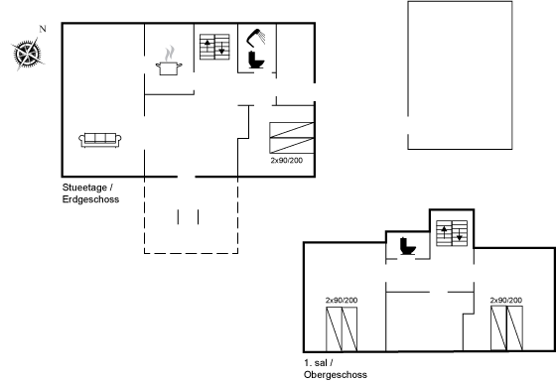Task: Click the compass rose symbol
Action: (28, 55)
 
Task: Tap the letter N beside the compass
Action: (43, 29)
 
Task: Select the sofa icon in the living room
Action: (100, 140)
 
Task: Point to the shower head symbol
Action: (256, 38)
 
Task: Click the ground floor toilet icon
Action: (256, 60)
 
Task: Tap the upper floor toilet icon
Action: (408, 246)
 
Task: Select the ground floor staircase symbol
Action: (214, 47)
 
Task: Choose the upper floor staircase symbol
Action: (452, 233)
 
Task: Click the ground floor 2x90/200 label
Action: (287, 160)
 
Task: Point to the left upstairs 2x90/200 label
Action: (342, 300)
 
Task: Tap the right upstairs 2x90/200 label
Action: (506, 300)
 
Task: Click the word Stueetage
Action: (84, 188)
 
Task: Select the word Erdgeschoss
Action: (90, 199)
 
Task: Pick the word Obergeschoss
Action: (336, 374)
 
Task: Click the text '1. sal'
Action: (316, 363)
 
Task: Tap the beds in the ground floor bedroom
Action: (292, 138)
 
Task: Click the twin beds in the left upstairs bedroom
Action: (342, 329)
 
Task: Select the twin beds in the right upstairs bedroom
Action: (506, 328)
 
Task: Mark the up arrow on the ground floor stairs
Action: (208, 46)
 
